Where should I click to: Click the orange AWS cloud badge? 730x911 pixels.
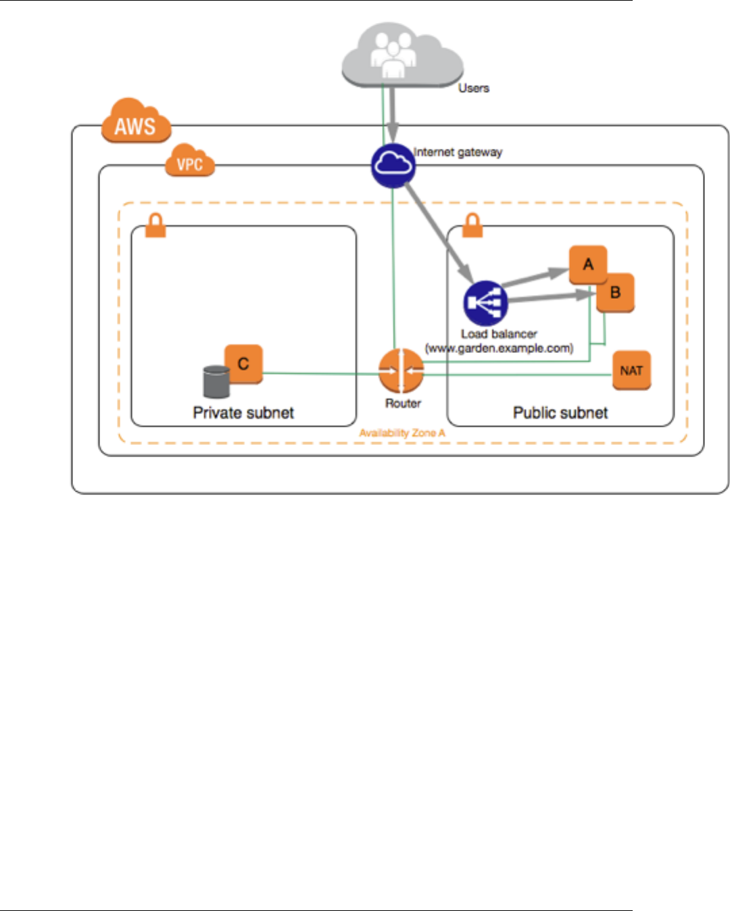point(135,122)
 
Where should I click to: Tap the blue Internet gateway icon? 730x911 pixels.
point(393,166)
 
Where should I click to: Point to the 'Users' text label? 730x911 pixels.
point(473,88)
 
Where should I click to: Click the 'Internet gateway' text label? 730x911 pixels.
point(458,152)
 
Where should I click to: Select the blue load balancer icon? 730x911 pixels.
point(485,304)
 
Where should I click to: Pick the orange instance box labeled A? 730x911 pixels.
point(587,264)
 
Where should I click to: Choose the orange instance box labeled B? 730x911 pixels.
point(616,293)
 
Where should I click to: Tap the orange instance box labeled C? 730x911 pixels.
point(243,364)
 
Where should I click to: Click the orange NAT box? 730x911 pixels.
point(631,370)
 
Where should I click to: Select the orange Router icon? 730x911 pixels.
point(401,371)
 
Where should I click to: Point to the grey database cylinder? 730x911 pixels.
point(216,381)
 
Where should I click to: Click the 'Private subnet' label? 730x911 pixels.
point(243,413)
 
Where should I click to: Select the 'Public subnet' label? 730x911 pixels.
point(560,413)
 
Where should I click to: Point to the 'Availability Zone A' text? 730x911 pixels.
point(402,433)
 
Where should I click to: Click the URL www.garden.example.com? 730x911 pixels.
point(499,348)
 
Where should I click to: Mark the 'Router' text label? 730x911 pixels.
point(403,403)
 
